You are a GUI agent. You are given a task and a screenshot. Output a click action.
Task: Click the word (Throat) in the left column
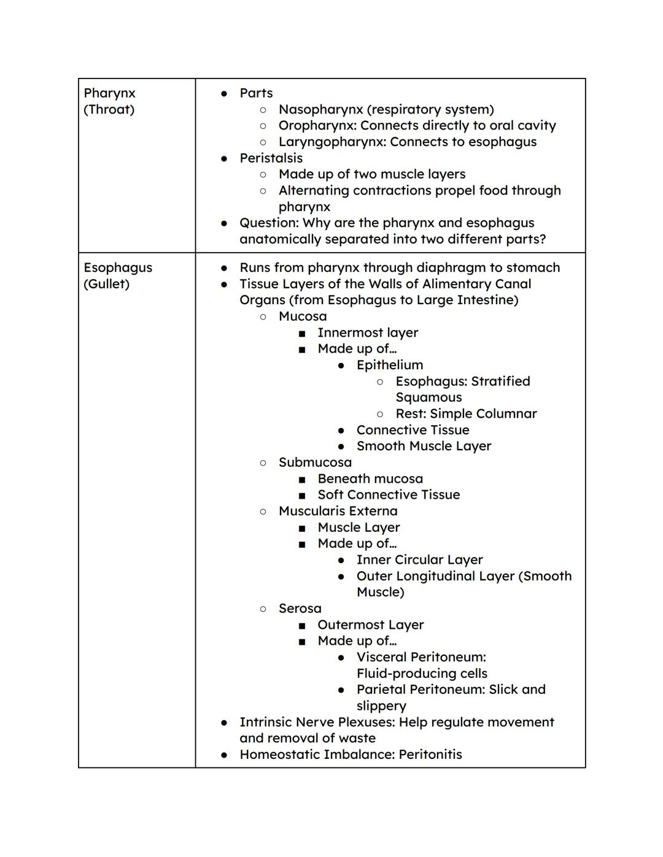[109, 110]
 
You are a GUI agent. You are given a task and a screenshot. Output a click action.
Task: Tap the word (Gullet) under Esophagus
[106, 284]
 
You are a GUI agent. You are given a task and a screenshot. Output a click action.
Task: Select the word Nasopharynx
[320, 110]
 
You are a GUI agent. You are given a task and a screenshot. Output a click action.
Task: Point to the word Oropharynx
[317, 126]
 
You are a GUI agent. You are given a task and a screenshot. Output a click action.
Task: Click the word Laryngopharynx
[331, 142]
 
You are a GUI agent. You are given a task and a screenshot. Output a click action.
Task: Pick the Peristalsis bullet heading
[271, 158]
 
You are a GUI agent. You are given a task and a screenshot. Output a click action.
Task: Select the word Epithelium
[390, 365]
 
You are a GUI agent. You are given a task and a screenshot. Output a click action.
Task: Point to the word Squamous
[428, 398]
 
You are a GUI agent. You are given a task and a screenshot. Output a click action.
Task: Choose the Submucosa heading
[315, 463]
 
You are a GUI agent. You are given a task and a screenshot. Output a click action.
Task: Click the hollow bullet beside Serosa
[263, 609]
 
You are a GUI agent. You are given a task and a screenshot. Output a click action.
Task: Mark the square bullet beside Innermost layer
[301, 334]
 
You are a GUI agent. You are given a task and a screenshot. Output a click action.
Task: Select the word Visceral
[381, 658]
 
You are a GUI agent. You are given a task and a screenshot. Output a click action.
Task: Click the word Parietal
[381, 690]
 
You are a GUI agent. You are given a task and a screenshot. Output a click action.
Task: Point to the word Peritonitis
[430, 755]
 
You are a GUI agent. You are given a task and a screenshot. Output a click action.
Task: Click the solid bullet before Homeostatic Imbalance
[224, 755]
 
